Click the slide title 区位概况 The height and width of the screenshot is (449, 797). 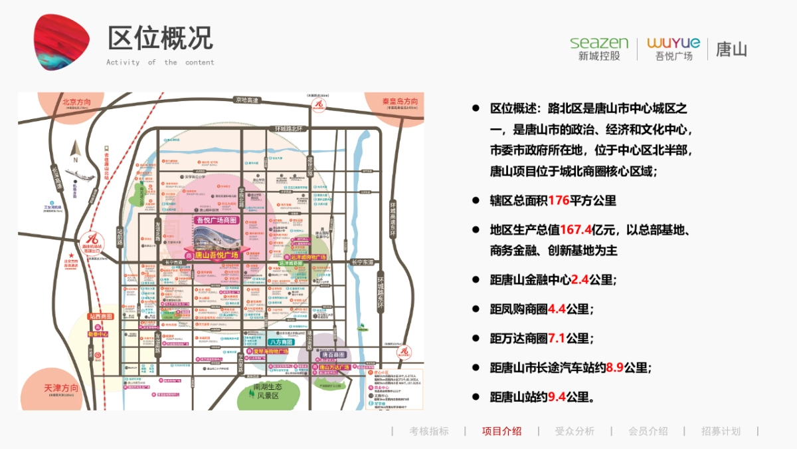click(x=160, y=38)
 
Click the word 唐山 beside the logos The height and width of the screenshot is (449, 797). click(x=731, y=49)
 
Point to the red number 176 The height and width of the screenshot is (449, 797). click(x=559, y=200)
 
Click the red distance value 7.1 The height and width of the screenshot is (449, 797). click(x=557, y=338)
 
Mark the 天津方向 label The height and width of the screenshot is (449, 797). click(x=61, y=388)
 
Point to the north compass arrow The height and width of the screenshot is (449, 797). click(x=76, y=150)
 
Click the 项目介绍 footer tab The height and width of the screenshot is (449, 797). click(x=501, y=431)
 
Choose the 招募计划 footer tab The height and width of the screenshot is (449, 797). click(x=721, y=431)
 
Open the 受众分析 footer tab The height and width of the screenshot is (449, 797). click(x=575, y=431)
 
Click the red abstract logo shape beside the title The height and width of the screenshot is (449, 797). click(x=61, y=41)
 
